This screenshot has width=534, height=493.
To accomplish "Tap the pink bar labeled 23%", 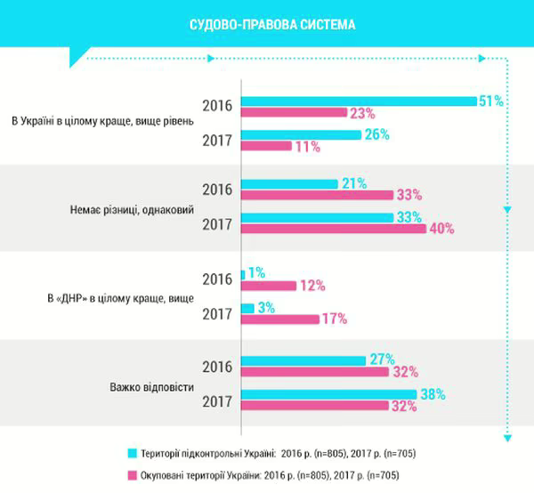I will [x=294, y=112].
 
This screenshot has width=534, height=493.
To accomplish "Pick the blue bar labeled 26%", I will [x=301, y=134].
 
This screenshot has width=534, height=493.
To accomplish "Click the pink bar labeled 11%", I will [x=266, y=146].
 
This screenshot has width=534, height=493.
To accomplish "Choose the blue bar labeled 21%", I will [x=289, y=183].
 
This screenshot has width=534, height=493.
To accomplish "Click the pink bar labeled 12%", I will [x=269, y=286].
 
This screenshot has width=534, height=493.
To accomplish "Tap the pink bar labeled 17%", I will [x=280, y=319].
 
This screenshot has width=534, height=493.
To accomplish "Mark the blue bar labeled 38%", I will [x=328, y=394].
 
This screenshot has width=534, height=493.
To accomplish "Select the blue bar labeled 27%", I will [x=303, y=360].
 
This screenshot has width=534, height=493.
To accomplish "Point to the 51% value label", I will [x=491, y=101].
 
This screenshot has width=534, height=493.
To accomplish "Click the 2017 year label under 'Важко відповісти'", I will [x=218, y=401].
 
